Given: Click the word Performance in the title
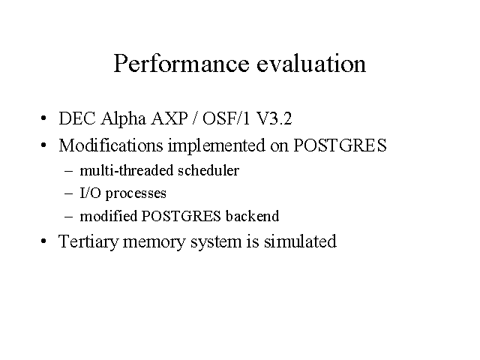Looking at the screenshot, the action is point(181,63).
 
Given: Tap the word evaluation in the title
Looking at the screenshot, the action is point(311,63).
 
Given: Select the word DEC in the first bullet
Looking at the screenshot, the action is point(77,118).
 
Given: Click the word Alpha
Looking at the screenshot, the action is point(123,119).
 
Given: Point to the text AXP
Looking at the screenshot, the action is point(169,118).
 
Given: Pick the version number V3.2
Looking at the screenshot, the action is point(273,118).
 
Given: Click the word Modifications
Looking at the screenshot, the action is point(111,145).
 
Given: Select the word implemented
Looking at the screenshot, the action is point(217,146).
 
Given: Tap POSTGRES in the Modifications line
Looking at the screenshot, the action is point(340,145).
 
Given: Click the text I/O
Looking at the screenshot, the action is point(90,193).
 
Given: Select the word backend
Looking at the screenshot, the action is point(252,216).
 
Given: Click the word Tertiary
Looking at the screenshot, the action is point(88,241).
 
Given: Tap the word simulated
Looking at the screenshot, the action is point(300,241).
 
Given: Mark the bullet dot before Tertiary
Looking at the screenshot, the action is point(43,241).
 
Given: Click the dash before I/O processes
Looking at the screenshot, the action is point(69,193).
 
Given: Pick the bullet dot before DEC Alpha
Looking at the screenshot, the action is point(43,118).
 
